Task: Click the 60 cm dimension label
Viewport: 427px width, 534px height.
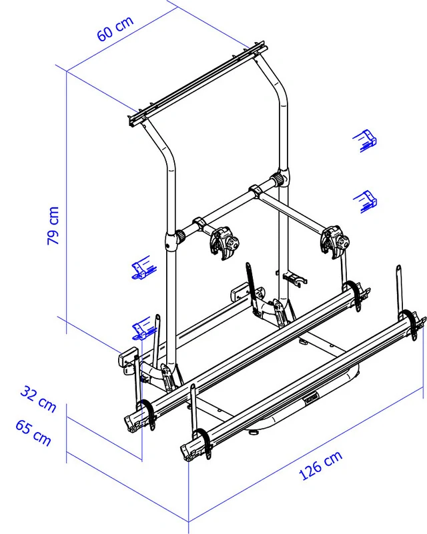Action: [x=115, y=29]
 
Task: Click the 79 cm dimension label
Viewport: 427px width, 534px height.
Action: [x=53, y=225]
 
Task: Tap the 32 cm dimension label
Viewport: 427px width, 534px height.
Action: [x=38, y=399]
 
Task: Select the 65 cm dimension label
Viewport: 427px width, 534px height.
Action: [x=33, y=433]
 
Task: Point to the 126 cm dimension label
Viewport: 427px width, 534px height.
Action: [x=320, y=465]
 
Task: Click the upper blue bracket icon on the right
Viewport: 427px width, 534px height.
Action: [x=365, y=140]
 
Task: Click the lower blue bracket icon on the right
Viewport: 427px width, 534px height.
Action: [x=366, y=201]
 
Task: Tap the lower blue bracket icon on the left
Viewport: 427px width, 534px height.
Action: [x=144, y=328]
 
